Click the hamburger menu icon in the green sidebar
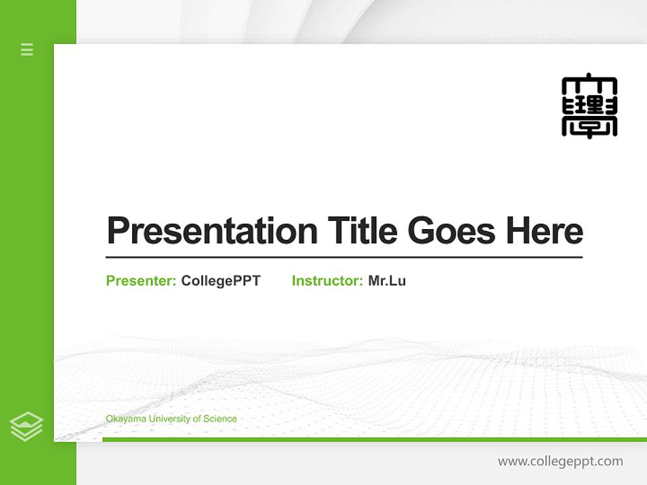(x=27, y=49)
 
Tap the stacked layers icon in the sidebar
(x=26, y=426)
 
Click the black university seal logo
(x=589, y=106)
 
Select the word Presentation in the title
(x=212, y=231)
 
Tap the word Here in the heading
(x=545, y=231)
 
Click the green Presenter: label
(x=141, y=281)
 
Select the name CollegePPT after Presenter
(x=220, y=281)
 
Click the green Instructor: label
(x=327, y=281)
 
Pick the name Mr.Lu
(x=387, y=281)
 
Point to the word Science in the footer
(x=220, y=419)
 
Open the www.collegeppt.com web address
(x=560, y=461)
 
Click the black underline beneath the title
(x=344, y=257)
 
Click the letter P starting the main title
(x=117, y=231)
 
